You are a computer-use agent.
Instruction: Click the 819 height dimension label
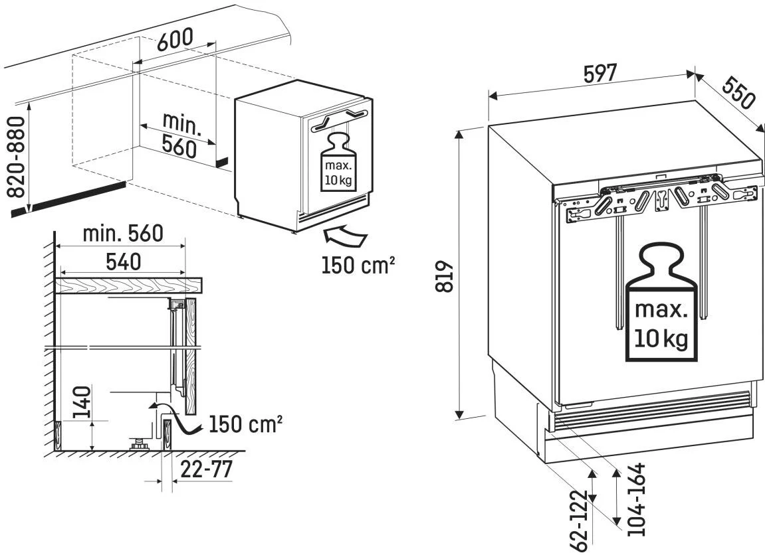(x=445, y=274)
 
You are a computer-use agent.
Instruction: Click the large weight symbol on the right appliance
(x=659, y=302)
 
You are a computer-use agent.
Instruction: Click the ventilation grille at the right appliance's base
(x=652, y=408)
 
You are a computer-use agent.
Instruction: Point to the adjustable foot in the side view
(x=139, y=443)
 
